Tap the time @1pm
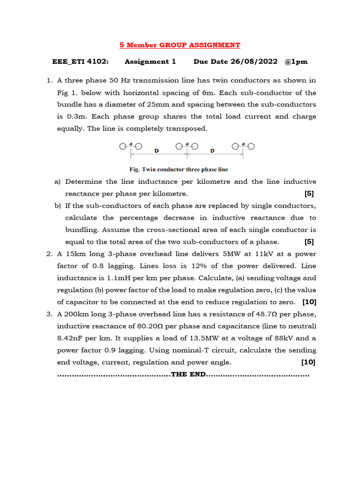pyautogui.click(x=297, y=61)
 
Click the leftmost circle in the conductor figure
pyautogui.click(x=122, y=146)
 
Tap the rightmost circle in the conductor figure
pyautogui.click(x=251, y=146)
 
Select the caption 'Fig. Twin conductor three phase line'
pyautogui.click(x=179, y=169)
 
